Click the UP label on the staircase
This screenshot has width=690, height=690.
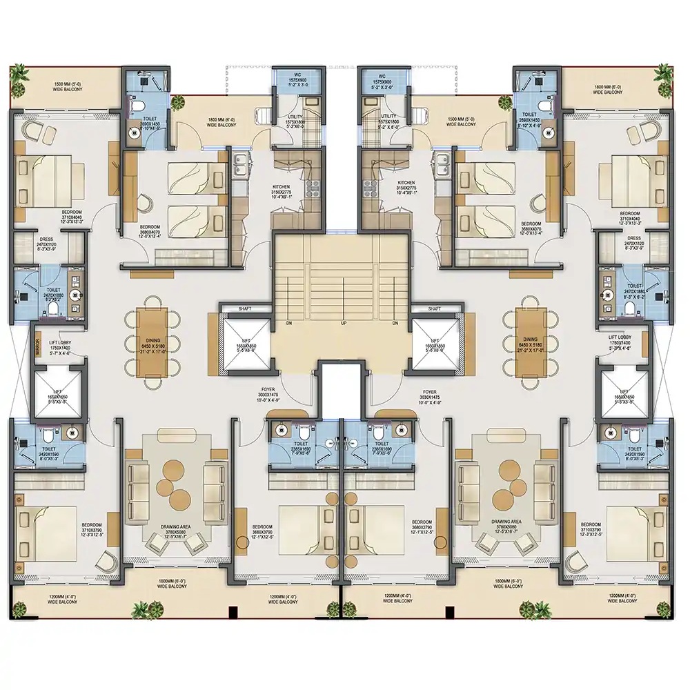click(343, 323)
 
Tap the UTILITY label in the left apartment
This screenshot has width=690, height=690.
click(295, 117)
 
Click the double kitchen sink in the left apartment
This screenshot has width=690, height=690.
click(242, 166)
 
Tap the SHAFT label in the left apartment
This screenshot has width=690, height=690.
click(245, 308)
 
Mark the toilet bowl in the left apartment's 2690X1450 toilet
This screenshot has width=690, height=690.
click(137, 106)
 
